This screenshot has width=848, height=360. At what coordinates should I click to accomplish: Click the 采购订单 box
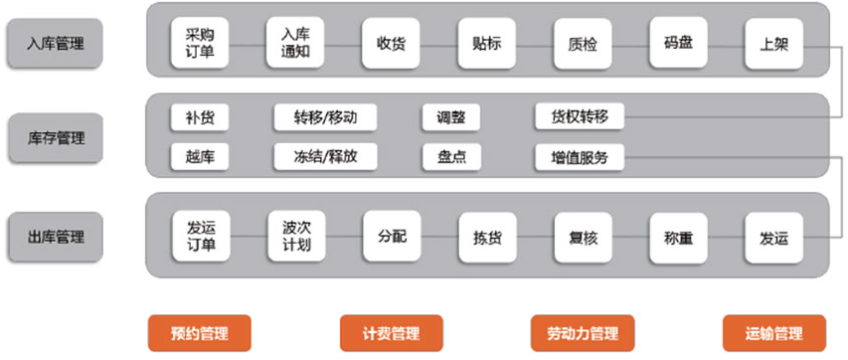tap(200, 43)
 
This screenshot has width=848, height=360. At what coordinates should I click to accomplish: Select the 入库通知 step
tap(296, 43)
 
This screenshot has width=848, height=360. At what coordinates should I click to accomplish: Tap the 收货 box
tap(391, 43)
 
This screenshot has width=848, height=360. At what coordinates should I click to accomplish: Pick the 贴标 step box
tap(486, 43)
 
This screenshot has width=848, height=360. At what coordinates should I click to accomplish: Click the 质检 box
tap(582, 43)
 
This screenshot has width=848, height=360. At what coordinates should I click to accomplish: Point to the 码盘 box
tap(678, 43)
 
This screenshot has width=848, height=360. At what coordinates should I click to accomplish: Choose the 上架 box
tap(773, 43)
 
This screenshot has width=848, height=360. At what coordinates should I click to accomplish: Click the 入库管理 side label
tap(56, 43)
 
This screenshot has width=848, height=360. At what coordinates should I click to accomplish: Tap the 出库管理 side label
tap(56, 237)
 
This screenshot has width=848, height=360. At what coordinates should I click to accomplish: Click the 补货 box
tap(199, 117)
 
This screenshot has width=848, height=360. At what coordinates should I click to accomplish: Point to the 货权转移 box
tap(579, 117)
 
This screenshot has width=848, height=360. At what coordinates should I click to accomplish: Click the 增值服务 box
tap(579, 156)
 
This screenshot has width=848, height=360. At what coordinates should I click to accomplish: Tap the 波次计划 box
tap(296, 236)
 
